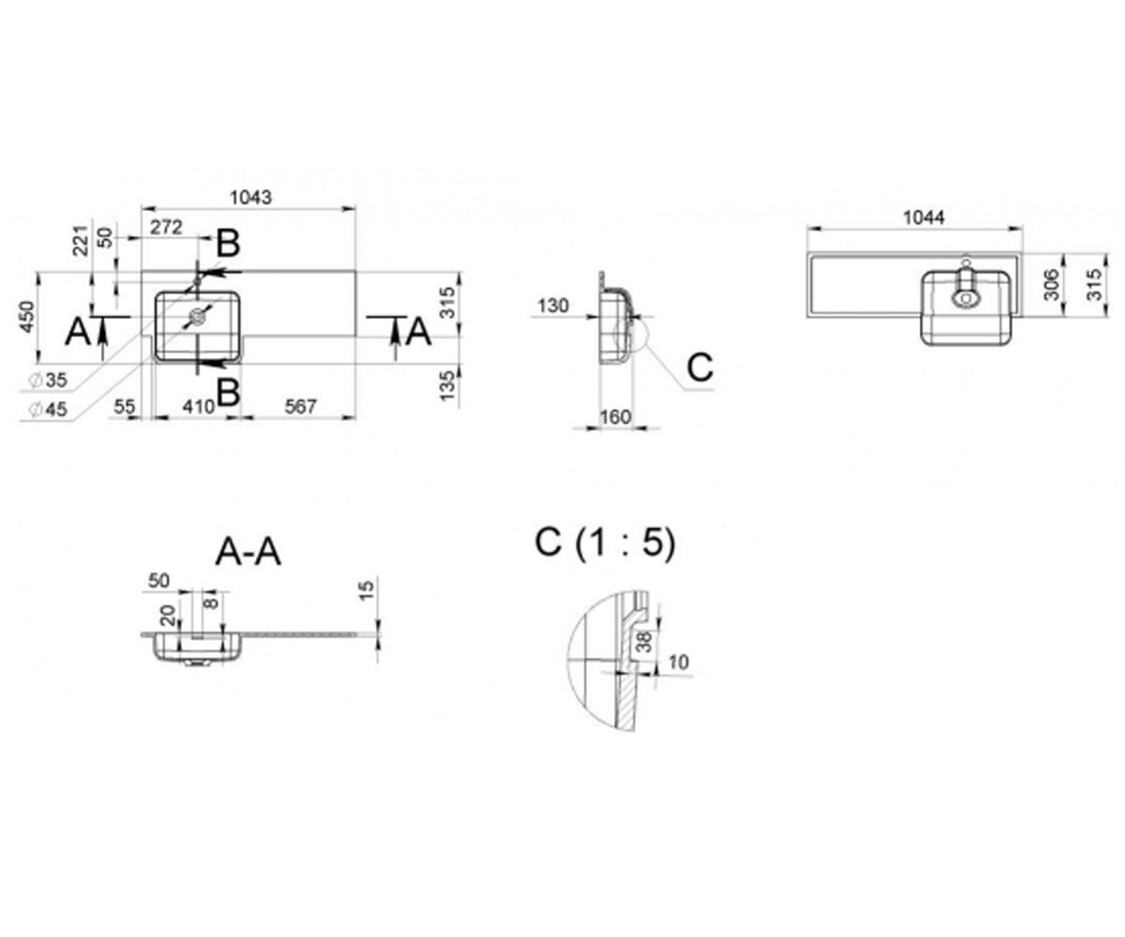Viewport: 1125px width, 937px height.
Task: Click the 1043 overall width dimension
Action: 250,198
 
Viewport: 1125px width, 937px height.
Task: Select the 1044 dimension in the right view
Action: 923,217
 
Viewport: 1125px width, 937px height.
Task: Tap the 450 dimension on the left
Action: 27,317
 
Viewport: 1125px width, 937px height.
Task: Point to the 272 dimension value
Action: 166,228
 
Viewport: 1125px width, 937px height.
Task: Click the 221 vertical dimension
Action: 81,240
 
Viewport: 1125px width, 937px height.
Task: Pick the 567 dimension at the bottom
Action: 300,407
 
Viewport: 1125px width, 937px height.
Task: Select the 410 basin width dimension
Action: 199,407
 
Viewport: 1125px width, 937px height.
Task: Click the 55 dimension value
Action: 125,407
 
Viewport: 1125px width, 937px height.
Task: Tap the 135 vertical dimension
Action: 448,385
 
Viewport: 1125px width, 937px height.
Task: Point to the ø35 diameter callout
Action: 49,380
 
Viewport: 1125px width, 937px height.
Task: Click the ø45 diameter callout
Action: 49,409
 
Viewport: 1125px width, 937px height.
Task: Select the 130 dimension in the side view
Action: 553,305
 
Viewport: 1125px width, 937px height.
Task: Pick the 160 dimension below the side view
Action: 615,416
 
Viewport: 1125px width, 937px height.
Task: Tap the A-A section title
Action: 247,553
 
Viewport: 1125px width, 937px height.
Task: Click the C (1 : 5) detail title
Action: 605,543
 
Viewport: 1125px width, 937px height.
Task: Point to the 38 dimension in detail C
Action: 644,641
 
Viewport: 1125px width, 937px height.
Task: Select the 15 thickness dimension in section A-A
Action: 366,590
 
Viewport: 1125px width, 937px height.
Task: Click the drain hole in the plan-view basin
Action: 198,316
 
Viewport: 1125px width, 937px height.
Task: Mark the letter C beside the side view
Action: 700,367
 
